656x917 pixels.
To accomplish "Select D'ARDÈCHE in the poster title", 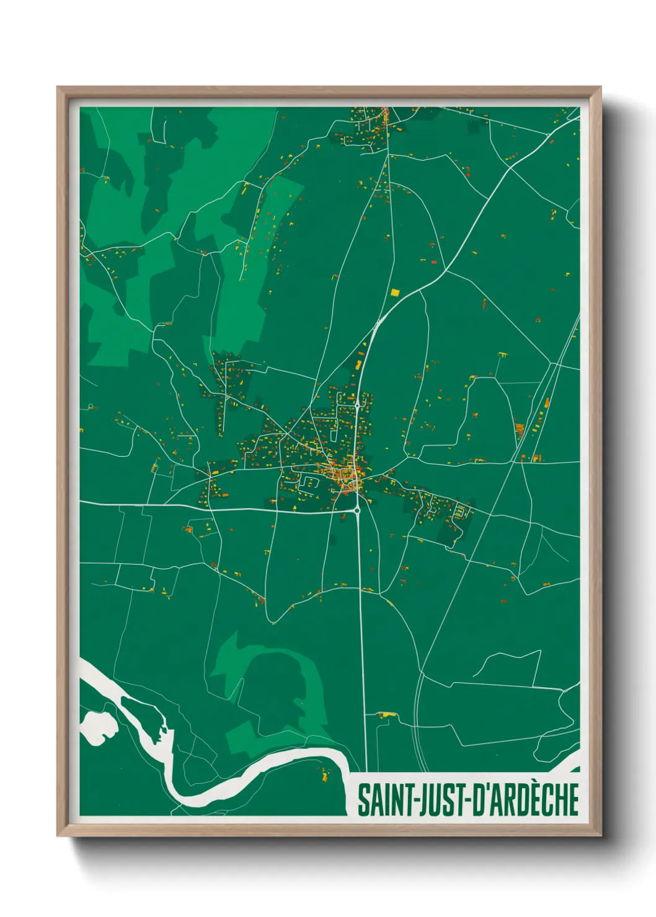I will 526,800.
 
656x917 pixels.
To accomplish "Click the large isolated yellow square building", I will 395,292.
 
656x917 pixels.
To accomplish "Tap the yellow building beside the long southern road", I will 386,715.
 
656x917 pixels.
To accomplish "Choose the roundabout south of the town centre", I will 357,511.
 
